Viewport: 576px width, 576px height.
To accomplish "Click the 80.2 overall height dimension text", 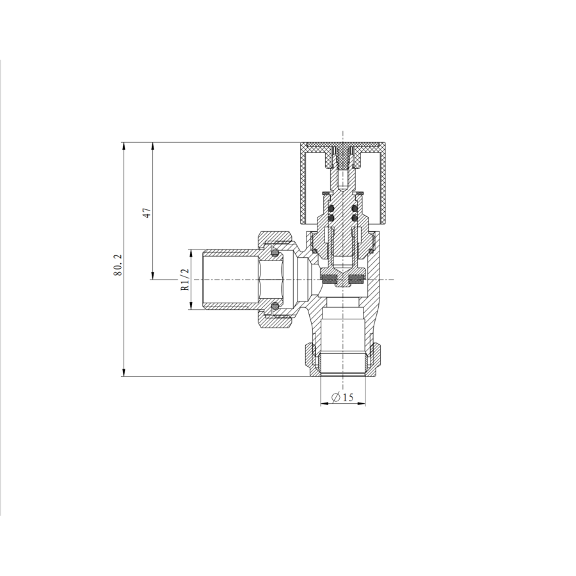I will coord(118,264).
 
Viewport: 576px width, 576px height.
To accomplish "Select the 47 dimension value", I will coord(147,212).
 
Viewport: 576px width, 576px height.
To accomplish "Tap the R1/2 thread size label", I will coord(185,280).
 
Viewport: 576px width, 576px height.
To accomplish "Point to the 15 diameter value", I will coord(348,397).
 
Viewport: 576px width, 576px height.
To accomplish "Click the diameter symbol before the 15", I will coord(336,397).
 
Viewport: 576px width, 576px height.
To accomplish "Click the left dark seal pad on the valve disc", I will coord(330,278).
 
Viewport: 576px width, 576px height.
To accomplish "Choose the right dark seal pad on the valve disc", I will coord(356,278).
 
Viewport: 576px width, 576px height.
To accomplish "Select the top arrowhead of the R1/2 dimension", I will coord(190,253).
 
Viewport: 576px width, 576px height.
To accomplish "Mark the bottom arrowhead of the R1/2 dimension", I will coord(190,307).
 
